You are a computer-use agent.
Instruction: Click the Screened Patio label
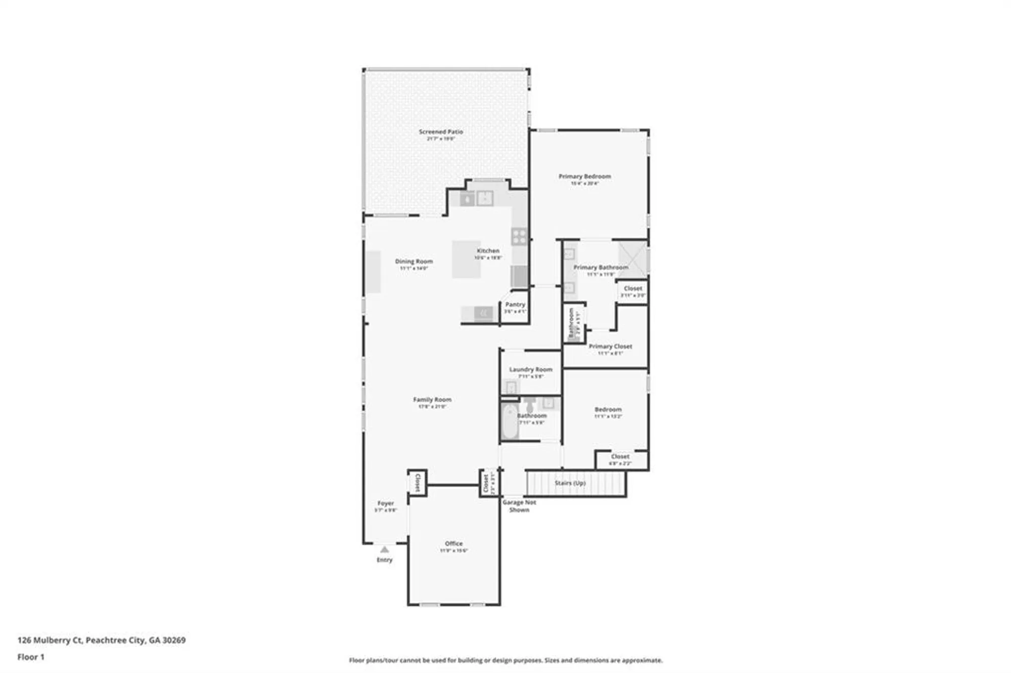tap(440, 132)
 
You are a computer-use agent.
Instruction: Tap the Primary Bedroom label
tap(584, 176)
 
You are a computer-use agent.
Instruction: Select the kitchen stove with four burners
tap(519, 236)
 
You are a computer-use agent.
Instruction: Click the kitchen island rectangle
tap(466, 259)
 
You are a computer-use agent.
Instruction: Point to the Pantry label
tap(515, 305)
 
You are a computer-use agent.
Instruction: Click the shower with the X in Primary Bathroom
tap(632, 259)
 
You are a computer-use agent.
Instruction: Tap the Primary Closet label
tap(610, 347)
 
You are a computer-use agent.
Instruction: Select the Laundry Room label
tap(530, 369)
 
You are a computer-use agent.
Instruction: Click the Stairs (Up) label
tap(570, 483)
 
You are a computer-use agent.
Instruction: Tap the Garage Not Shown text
tap(519, 506)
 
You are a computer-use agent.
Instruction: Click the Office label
tap(453, 544)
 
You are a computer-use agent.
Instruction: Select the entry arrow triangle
tap(385, 549)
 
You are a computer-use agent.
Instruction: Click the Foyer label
tap(385, 503)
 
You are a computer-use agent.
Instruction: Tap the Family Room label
tap(432, 400)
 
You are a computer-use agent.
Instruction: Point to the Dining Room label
tap(413, 261)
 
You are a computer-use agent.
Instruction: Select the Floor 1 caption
tap(31, 657)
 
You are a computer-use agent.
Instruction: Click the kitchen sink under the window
tap(484, 199)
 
